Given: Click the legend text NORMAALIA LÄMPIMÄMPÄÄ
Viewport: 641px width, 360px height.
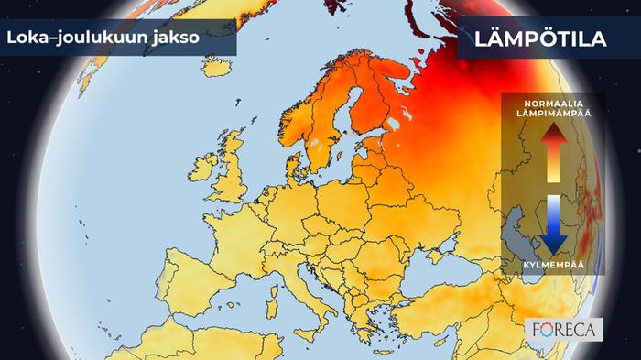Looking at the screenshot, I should pyautogui.click(x=552, y=106).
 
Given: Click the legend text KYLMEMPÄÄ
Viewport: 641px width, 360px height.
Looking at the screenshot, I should pyautogui.click(x=552, y=263).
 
